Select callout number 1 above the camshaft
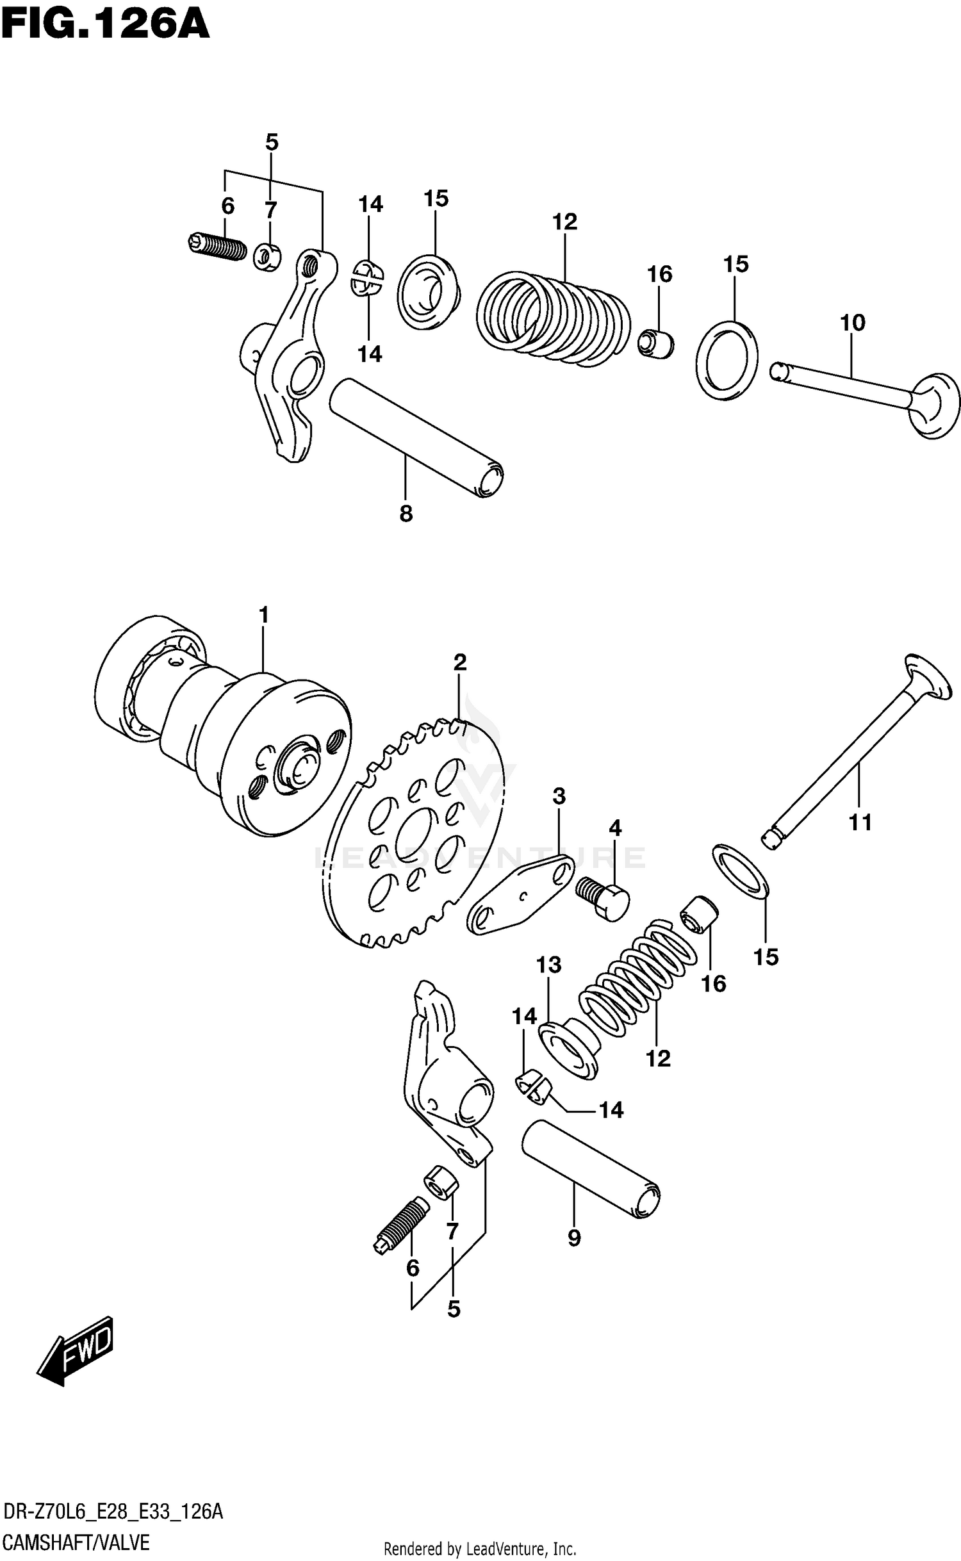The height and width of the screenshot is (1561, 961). [x=263, y=616]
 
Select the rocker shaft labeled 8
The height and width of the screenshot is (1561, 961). [x=416, y=438]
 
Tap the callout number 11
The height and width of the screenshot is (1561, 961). [x=860, y=822]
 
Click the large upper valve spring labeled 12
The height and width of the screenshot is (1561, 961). [x=554, y=318]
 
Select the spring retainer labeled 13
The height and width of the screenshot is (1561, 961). [x=567, y=1050]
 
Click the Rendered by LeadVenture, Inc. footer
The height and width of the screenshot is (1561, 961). [x=480, y=1549]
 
